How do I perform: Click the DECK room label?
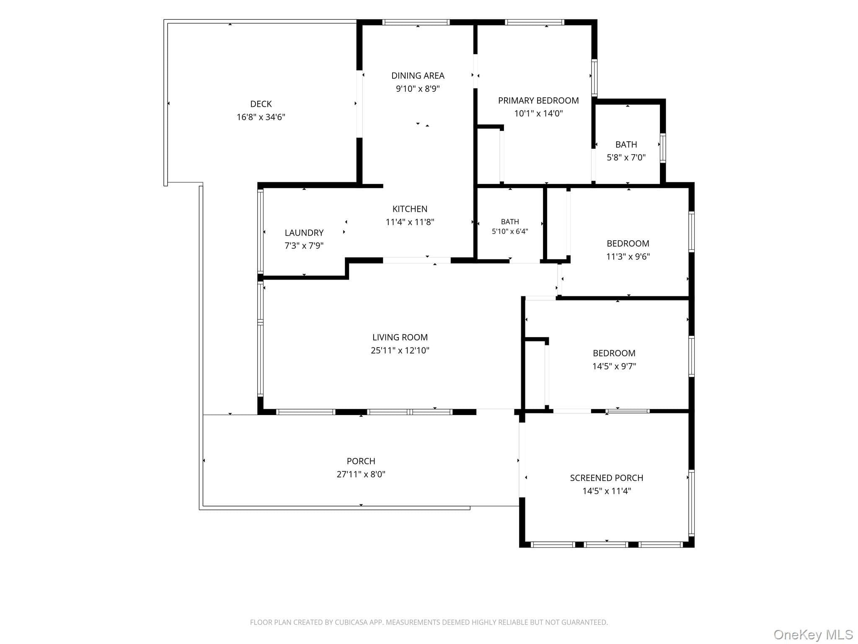pyautogui.click(x=261, y=104)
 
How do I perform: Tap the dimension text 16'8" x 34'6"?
pyautogui.click(x=261, y=117)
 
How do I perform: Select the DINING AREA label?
pyautogui.click(x=418, y=76)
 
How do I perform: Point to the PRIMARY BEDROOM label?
pyautogui.click(x=538, y=101)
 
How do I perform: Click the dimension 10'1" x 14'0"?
pyautogui.click(x=538, y=113)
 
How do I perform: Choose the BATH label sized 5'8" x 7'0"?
pyautogui.click(x=626, y=145)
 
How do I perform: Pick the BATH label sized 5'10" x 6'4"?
pyautogui.click(x=510, y=222)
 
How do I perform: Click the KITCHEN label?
pyautogui.click(x=410, y=209)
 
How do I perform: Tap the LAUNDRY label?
pyautogui.click(x=304, y=233)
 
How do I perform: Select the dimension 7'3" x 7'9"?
pyautogui.click(x=304, y=246)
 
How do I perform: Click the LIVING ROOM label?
pyautogui.click(x=400, y=338)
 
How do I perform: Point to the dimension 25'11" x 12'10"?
pyautogui.click(x=400, y=351)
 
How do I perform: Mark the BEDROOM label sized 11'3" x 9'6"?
pyautogui.click(x=628, y=244)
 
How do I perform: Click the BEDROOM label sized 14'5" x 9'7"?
pyautogui.click(x=614, y=353)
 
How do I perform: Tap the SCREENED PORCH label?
pyautogui.click(x=607, y=478)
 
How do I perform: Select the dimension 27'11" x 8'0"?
pyautogui.click(x=361, y=474)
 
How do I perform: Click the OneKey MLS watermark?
pyautogui.click(x=813, y=635)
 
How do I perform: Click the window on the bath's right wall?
pyautogui.click(x=663, y=148)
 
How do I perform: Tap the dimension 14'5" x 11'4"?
pyautogui.click(x=607, y=491)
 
